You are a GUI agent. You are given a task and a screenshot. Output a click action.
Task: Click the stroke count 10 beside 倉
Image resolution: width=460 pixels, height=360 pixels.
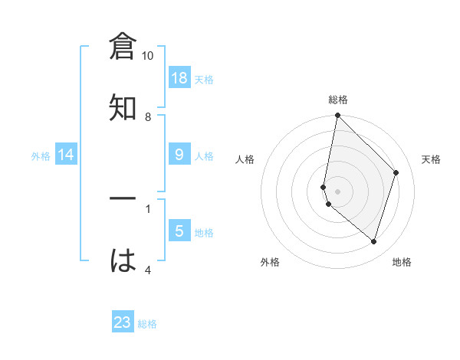coord(148,56)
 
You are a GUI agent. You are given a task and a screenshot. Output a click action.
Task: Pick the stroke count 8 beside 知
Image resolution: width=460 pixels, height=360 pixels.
coord(148,116)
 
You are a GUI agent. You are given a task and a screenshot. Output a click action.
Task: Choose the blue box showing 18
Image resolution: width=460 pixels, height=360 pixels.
coord(179,78)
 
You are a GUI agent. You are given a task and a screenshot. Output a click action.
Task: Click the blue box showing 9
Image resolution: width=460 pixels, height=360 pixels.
coord(179,155)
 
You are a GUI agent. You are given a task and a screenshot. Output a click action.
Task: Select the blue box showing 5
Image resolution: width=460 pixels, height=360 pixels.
coord(179,231)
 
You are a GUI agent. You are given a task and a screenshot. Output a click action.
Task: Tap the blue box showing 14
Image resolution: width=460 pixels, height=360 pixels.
coord(66,155)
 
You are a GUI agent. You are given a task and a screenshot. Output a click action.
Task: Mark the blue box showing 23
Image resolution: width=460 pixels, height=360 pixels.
coord(123,322)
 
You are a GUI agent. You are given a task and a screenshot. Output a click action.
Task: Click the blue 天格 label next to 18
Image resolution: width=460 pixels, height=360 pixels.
coord(204,79)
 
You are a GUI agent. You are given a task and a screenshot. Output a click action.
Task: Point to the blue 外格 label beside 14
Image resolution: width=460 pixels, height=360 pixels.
coord(41,155)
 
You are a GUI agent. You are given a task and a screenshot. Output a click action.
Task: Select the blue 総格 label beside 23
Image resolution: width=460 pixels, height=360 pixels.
coord(147,323)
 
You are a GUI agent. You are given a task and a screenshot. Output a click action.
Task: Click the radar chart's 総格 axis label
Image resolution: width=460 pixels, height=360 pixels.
coord(338,100)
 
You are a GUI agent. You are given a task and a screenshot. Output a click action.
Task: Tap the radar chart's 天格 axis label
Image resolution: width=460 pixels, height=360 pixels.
coord(432,159)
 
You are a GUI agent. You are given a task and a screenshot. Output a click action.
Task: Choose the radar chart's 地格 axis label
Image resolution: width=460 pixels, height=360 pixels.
coord(402,262)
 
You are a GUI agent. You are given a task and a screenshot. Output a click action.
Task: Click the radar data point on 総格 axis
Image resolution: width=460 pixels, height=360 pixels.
coord(337,115)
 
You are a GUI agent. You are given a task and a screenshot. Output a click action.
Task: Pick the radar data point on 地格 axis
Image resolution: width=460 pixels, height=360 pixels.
coord(374,241)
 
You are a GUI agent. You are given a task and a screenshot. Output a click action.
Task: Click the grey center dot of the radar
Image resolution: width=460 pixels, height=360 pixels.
coord(337,191)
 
